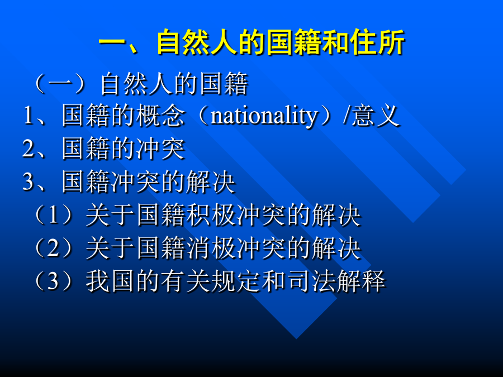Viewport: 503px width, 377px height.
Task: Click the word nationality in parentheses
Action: tap(264, 116)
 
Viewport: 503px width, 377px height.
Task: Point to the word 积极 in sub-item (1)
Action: tap(212, 215)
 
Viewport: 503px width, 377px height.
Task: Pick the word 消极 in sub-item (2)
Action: tap(212, 248)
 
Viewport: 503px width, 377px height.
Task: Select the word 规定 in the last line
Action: tap(235, 281)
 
